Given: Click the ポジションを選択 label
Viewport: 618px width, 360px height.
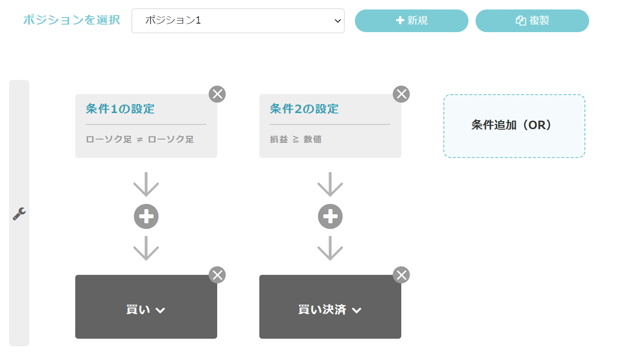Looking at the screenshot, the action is [x=71, y=20].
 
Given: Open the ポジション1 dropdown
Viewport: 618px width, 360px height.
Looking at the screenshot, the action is [x=238, y=21].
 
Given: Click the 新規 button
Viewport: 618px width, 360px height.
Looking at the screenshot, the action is [x=411, y=21].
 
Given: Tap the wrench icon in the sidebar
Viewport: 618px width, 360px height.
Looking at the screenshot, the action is [x=19, y=214].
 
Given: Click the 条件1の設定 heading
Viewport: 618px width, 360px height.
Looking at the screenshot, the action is [x=120, y=109].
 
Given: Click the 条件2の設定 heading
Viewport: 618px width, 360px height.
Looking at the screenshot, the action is [x=304, y=109].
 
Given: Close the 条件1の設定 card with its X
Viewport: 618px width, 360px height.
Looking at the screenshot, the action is [x=217, y=94].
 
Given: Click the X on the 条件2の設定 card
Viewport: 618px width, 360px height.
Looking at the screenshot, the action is [x=401, y=94].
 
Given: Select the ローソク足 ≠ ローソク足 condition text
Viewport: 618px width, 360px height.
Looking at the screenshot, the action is [x=140, y=139].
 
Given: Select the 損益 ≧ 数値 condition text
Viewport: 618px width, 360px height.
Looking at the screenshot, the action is [x=296, y=139].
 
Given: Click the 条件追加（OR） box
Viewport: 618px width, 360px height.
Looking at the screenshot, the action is [x=514, y=126].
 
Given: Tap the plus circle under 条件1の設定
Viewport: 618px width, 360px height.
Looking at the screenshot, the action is [x=146, y=217].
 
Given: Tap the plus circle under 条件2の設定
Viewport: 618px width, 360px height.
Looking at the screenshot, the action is [x=330, y=217].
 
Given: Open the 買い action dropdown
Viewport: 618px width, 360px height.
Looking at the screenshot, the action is [x=146, y=309].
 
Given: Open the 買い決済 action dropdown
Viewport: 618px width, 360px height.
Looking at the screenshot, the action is [x=330, y=309].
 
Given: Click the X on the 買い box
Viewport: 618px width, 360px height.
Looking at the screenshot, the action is [x=217, y=275].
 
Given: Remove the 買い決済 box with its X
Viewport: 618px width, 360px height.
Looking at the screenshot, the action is [x=401, y=275].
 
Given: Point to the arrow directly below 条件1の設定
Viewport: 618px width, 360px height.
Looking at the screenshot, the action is [x=146, y=184].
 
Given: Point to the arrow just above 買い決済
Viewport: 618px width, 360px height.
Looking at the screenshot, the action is [x=330, y=248].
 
